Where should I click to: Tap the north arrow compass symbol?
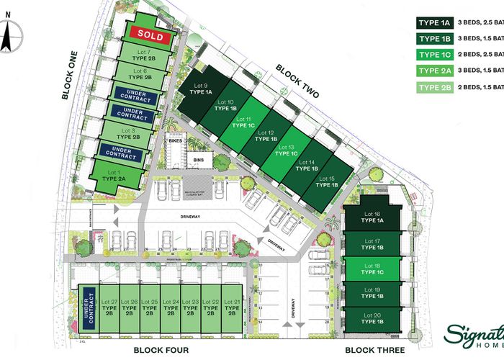pos(7,37)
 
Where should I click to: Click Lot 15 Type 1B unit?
pos(327,181)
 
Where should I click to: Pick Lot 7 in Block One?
pos(143,55)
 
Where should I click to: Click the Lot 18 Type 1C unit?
pos(372,269)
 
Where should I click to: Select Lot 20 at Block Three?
pos(372,318)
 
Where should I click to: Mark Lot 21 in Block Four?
pos(231,308)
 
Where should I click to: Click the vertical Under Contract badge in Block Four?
pos(90,307)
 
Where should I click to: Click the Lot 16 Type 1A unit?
pos(372,218)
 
